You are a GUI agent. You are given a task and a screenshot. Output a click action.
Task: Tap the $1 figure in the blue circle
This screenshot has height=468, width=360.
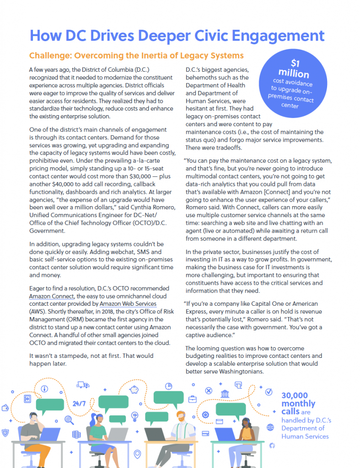point(296,63)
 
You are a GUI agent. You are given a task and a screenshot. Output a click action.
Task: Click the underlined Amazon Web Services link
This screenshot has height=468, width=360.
point(128,304)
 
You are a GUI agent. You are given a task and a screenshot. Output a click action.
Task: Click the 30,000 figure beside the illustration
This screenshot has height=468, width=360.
point(295,396)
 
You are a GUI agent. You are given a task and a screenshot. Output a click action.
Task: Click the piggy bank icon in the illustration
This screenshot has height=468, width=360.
point(134,389)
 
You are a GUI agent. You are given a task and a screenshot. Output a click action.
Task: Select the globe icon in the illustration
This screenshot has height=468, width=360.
point(270,427)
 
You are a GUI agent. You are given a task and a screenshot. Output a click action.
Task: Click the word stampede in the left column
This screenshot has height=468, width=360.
point(70,356)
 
